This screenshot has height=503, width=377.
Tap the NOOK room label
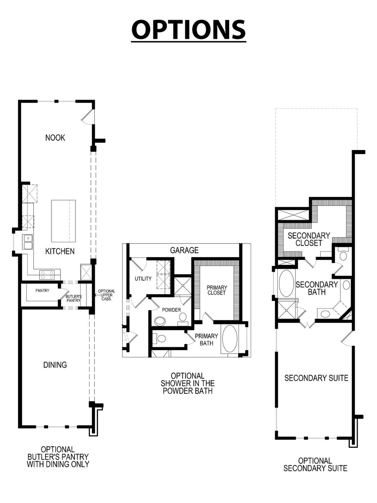pos(55,138)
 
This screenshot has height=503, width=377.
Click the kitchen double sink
pos(28,242)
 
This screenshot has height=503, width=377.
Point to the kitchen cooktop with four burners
pos(47,275)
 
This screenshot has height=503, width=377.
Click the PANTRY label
pos(42,291)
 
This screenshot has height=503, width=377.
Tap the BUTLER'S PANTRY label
pos(73,298)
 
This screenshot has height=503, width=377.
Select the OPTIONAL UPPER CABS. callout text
pos(106,295)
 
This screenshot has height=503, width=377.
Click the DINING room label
pos(55,365)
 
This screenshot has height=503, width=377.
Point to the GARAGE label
pos(184,250)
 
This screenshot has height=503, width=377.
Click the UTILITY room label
pos(143,278)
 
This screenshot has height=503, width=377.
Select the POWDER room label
pos(171,310)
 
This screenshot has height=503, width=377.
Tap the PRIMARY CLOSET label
pos(216,290)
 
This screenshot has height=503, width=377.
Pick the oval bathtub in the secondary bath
pos(286,283)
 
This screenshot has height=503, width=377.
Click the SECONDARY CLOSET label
pos(309,239)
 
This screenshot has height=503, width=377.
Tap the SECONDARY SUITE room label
pos(316,378)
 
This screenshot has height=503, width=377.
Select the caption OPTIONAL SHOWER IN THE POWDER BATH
pos(188,383)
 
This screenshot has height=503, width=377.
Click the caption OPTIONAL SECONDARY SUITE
pos(315,464)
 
